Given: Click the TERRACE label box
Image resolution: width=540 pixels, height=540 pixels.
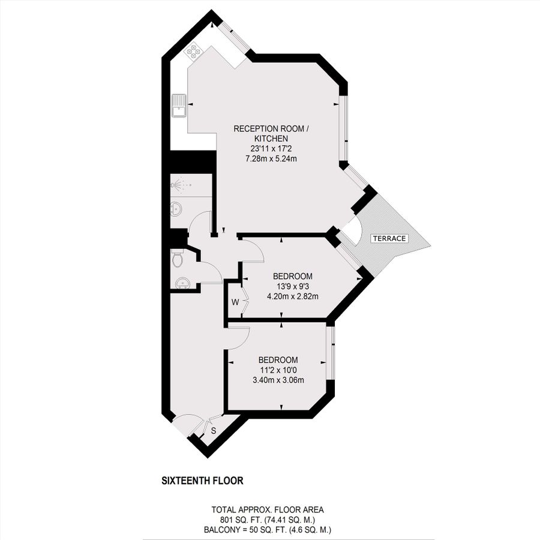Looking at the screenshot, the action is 389,238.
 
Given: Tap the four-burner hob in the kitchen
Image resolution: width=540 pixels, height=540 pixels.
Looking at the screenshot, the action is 194,52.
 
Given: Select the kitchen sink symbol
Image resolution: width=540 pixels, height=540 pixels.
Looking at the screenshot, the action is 179,106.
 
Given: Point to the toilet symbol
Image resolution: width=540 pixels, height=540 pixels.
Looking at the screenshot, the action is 178,259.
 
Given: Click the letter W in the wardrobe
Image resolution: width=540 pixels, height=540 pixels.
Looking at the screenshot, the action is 235,302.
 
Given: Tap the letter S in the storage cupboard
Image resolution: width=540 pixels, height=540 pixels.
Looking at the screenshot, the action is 214,430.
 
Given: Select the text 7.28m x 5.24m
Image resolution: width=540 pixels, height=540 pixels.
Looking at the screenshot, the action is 271,159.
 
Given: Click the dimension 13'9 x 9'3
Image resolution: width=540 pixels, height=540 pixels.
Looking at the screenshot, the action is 292,286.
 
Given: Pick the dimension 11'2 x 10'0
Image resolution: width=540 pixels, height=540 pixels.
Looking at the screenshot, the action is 278,370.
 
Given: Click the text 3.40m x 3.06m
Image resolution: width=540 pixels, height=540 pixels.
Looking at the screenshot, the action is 278,380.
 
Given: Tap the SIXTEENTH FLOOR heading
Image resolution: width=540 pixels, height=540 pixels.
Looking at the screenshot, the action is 203,481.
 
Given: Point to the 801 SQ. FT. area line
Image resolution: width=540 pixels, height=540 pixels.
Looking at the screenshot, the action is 268,520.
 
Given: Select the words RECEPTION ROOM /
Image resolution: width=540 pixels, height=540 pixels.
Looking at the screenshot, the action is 271,129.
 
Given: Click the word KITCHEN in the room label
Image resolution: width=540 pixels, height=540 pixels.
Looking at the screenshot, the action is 271,139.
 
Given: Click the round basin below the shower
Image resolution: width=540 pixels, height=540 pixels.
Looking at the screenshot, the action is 176,208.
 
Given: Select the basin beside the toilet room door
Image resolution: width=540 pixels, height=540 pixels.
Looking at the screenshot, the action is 182,283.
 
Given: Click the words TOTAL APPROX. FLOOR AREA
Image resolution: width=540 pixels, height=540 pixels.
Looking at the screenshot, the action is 268,509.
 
